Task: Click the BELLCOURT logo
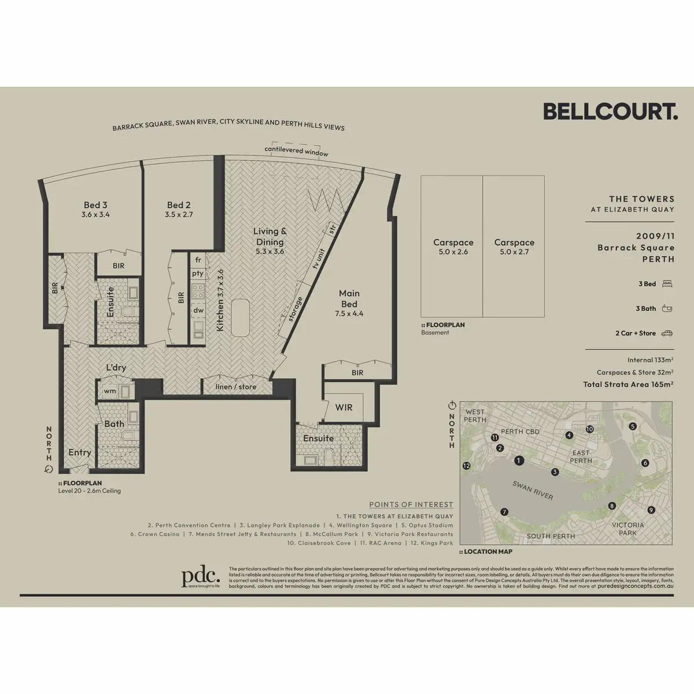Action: tap(610, 111)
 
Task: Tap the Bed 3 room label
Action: tap(95, 205)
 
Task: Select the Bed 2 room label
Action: tap(179, 205)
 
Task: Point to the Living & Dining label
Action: tap(270, 237)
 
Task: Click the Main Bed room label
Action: tap(349, 298)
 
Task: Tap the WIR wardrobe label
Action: tap(344, 407)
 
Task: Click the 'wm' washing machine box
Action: tap(110, 392)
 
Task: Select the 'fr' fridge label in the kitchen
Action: tap(198, 260)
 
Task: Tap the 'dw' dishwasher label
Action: tap(198, 311)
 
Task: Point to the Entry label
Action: tap(80, 452)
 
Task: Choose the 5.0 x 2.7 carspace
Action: tap(514, 247)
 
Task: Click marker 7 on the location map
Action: tap(504, 512)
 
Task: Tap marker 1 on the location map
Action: tap(519, 461)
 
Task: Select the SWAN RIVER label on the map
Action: tap(533, 490)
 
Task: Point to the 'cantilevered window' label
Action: tap(296, 151)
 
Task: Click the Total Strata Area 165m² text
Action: tap(627, 385)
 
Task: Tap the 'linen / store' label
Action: tap(235, 387)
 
